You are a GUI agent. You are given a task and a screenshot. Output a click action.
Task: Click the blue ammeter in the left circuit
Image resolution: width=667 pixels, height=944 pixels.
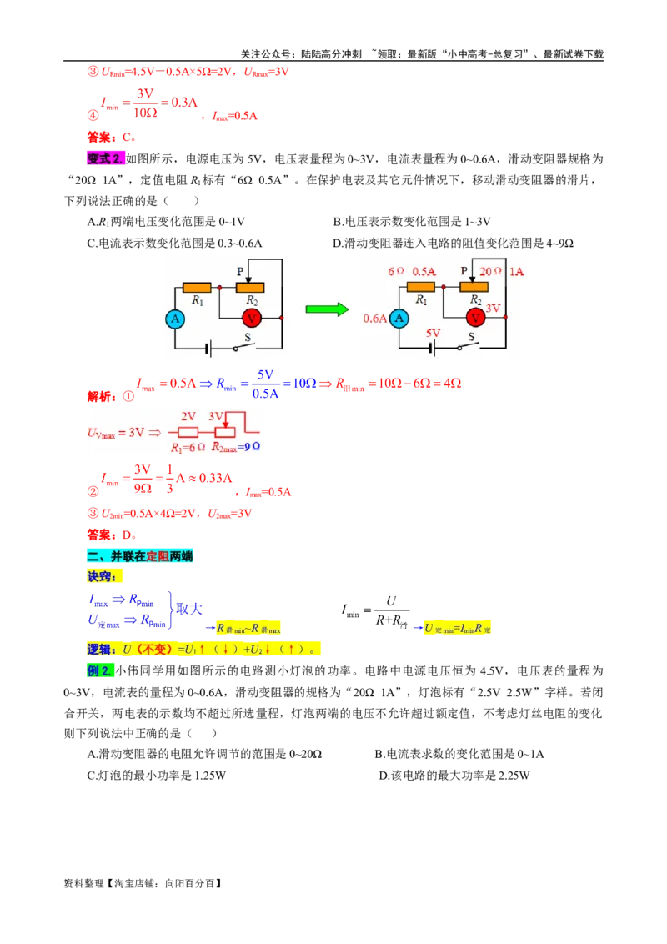coord(174,319)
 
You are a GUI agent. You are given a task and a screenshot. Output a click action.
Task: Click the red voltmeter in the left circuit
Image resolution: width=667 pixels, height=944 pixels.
coord(251,318)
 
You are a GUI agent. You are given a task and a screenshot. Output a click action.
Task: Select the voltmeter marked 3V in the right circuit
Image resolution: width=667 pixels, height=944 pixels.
coord(475,318)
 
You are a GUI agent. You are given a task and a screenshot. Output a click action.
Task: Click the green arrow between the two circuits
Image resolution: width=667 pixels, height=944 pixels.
coord(326,309)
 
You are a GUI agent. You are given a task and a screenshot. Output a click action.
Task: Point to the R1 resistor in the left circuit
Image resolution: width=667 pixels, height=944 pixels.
coord(198,287)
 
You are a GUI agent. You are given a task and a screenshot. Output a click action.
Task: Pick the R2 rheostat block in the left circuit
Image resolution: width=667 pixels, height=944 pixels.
coord(249,287)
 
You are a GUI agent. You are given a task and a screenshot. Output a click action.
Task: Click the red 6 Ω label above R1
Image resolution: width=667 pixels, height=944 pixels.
coord(396,271)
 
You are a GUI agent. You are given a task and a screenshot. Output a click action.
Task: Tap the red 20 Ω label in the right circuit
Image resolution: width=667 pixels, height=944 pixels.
coord(491,271)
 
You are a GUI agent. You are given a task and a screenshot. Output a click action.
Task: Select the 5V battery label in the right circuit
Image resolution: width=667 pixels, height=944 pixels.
coord(433,332)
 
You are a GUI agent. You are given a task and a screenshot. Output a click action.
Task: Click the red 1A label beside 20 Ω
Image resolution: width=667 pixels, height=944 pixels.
coord(516,271)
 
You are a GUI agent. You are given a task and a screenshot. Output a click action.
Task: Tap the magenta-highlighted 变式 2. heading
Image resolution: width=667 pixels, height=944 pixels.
coord(104,158)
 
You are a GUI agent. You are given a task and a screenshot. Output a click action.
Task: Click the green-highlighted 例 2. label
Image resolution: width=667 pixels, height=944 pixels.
coord(100,671)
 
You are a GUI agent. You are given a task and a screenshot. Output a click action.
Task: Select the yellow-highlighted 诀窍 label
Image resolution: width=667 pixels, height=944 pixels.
coord(105,576)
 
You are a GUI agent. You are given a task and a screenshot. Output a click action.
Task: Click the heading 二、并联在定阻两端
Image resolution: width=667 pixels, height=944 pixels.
coord(139,556)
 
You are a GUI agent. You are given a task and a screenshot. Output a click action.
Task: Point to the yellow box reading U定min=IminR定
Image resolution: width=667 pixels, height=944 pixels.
coord(458,628)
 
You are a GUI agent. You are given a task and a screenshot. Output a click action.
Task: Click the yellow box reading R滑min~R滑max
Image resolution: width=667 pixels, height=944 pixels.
coord(248,628)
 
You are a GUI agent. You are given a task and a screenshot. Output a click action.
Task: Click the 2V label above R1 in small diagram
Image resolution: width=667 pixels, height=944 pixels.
coord(188,416)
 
